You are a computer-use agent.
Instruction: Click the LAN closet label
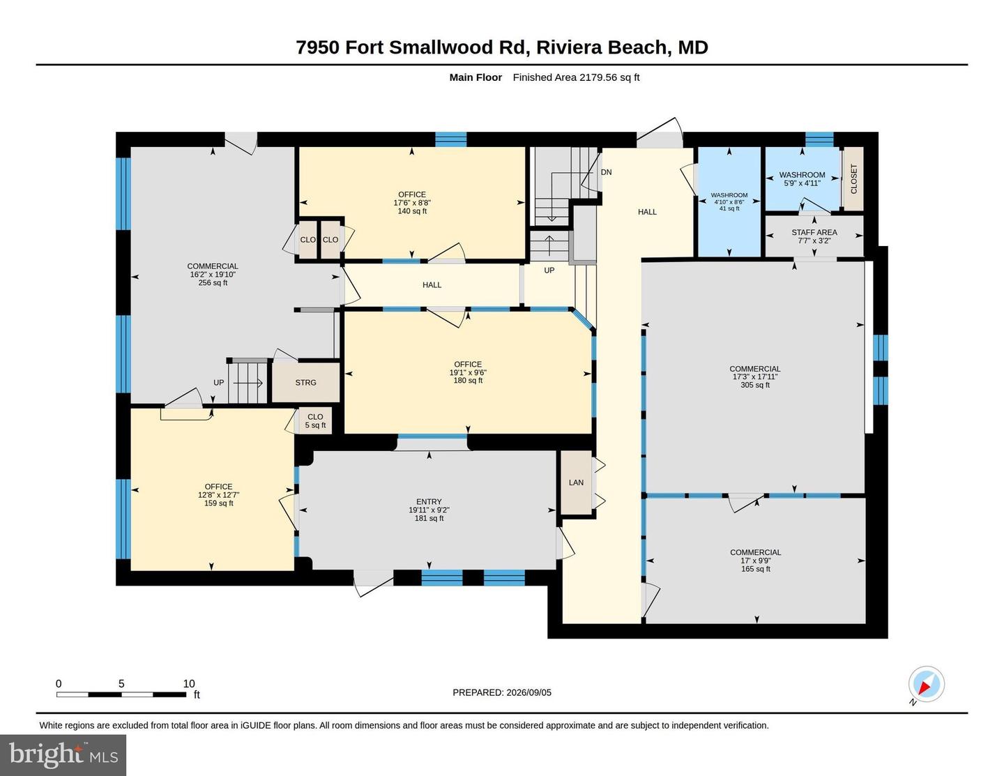[x=576, y=482]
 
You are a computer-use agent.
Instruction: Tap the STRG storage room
[x=305, y=382]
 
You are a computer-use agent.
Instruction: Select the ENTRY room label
[x=429, y=501]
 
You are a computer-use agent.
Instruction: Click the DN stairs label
[x=606, y=172]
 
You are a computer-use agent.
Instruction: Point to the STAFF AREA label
[x=814, y=232]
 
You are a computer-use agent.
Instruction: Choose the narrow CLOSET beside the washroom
[x=853, y=178]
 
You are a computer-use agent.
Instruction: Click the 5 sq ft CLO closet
[x=315, y=421]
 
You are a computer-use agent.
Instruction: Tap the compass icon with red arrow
[x=927, y=684]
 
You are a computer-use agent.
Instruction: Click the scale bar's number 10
[x=189, y=683]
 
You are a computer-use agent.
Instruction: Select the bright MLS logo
[x=63, y=756]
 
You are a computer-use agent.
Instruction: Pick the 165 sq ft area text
[x=756, y=569]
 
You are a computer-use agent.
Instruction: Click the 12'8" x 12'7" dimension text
[x=218, y=495]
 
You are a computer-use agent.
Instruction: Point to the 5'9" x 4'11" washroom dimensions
[x=802, y=183]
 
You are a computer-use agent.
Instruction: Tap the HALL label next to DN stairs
[x=647, y=211]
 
